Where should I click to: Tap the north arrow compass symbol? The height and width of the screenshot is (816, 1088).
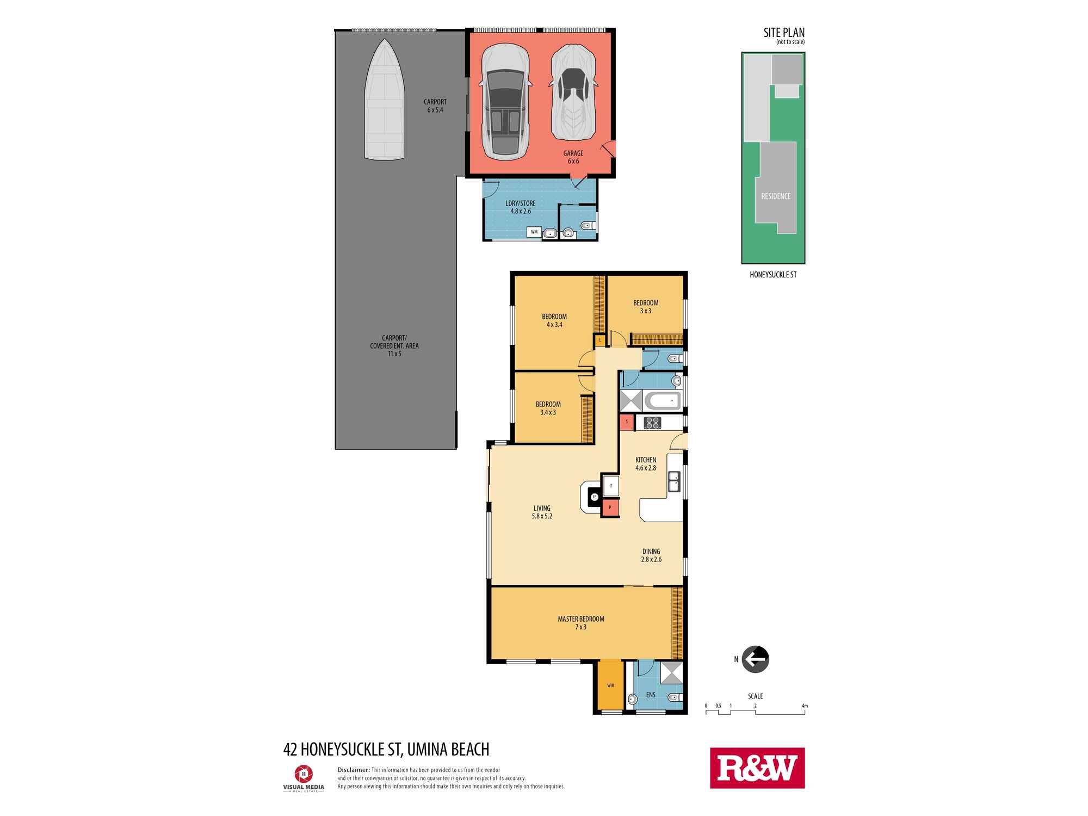755,659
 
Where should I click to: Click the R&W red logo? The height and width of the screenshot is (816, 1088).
757,768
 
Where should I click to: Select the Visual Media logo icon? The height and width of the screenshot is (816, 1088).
303,773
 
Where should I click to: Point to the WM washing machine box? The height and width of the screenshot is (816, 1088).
534,232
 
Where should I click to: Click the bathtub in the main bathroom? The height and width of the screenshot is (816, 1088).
662,401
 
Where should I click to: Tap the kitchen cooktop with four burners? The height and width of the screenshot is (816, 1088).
652,423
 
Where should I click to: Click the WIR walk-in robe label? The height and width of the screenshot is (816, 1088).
610,685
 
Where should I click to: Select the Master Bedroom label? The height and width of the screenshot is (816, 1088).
581,619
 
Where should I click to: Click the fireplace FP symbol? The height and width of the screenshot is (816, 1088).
595,497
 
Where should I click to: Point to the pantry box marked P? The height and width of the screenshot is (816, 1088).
610,508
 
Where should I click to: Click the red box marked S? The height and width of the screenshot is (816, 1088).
627,422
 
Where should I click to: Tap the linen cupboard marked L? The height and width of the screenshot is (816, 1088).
600,341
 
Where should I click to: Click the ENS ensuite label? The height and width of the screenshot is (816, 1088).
651,695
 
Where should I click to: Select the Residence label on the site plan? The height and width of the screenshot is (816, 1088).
776,196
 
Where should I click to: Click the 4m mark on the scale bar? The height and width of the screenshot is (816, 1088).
805,706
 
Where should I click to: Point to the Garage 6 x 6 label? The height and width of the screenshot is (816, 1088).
573,157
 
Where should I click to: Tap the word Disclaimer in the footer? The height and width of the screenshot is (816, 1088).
354,770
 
